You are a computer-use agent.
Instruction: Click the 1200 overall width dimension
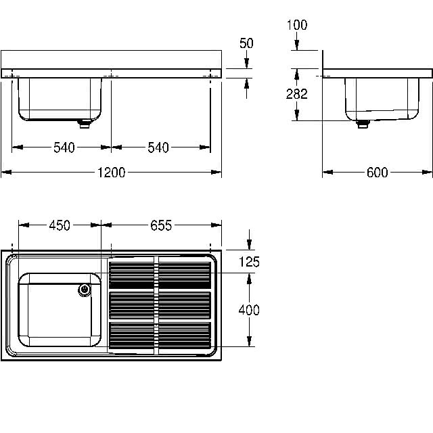coord(111,173)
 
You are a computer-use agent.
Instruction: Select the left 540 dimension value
coord(64,147)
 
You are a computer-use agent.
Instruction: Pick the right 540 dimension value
coord(158,147)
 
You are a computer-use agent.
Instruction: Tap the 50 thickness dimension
coord(246,43)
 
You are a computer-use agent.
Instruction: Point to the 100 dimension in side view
coord(297,25)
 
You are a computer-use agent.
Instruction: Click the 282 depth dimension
coord(297,94)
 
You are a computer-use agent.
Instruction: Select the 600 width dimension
coord(378,173)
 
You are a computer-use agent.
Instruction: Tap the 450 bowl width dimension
coord(60,225)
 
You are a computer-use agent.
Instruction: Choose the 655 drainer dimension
coord(161,225)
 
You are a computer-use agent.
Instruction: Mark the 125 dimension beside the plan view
coord(249,262)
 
